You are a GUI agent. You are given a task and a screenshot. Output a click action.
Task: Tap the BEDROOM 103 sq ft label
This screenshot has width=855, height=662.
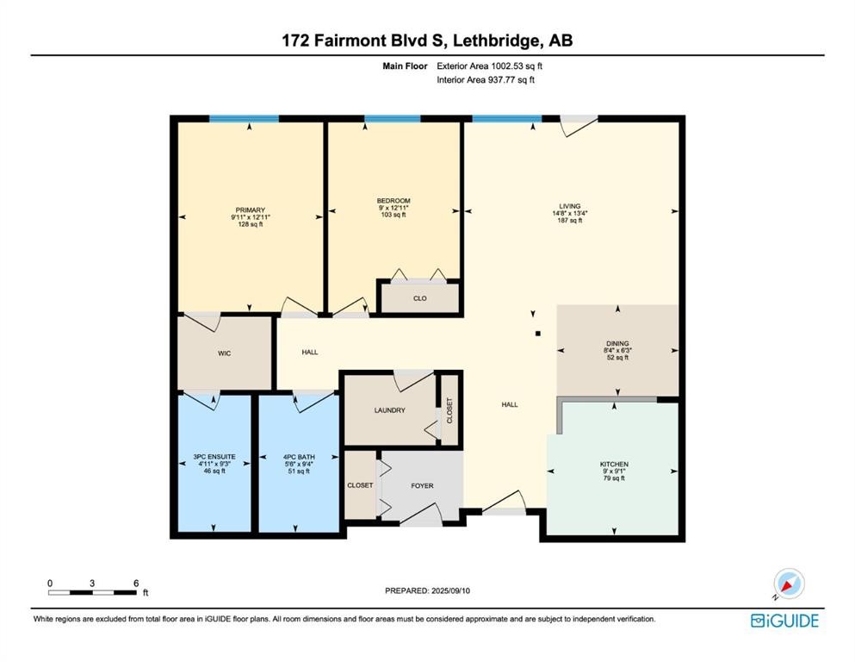coord(393,208)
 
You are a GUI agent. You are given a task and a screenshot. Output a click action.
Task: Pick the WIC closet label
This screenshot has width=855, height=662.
coord(224,353)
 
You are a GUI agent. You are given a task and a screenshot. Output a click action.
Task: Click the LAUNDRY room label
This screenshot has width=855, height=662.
coord(390,409)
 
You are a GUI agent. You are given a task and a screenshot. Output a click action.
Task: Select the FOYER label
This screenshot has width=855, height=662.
coord(422,485)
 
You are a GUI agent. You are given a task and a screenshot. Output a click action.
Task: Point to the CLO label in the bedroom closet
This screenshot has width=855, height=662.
coord(420,298)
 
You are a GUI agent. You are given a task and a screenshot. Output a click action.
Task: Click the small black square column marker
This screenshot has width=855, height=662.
coord(537,334)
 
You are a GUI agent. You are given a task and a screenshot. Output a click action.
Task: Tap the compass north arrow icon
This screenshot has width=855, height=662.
coord(788,584)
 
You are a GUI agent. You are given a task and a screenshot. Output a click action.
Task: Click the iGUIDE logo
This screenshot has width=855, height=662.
coord(784,621)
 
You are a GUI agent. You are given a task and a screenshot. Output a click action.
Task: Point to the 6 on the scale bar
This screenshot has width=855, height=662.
coord(136,583)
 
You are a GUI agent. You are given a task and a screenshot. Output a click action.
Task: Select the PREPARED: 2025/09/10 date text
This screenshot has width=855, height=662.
coord(427,590)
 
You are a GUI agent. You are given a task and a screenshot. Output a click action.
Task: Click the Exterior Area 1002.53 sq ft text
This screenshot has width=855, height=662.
coord(489,66)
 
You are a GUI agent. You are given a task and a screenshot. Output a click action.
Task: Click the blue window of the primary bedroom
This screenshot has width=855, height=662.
coord(244,118)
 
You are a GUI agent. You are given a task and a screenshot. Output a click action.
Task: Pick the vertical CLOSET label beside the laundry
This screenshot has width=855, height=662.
coord(449,410)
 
